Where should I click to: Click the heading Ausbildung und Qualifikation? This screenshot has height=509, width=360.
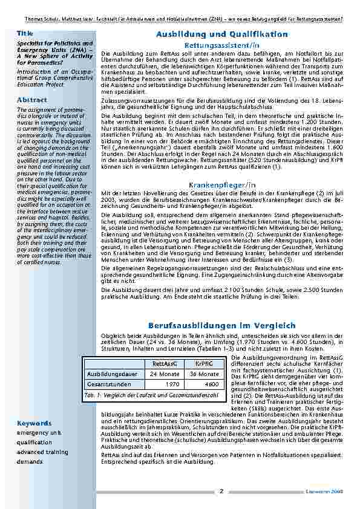coord(221,34)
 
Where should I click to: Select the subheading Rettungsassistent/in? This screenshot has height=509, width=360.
coord(221,45)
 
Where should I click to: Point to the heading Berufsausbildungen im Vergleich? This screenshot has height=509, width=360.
coord(221,325)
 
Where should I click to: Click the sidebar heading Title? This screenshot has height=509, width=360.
coord(25,33)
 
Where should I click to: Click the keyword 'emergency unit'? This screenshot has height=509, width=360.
coord(39,433)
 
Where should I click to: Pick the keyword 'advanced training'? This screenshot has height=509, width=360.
coord(42,452)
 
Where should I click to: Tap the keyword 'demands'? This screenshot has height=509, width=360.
coord(30,461)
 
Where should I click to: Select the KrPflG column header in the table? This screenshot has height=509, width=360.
coord(203,363)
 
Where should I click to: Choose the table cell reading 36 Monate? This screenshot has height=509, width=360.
coord(203,374)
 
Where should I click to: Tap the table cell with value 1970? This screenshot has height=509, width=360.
coord(172,384)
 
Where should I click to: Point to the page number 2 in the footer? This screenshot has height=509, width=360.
coord(221,491)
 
